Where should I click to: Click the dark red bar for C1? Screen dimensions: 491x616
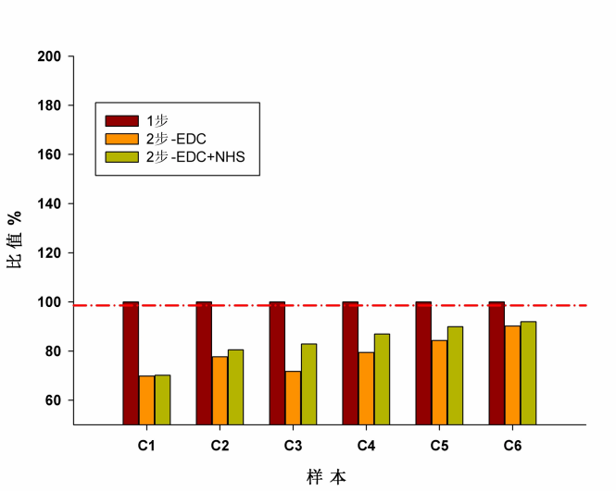click(131, 362)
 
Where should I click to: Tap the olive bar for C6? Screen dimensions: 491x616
click(528, 373)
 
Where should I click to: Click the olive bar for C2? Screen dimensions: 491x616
click(235, 387)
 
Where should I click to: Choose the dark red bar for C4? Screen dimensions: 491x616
click(350, 362)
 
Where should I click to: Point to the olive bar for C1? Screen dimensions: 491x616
click(162, 399)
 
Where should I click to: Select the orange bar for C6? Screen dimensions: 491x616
click(512, 374)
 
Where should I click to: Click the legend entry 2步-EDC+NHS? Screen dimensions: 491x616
click(199, 156)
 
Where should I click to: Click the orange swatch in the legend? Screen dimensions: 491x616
click(121, 139)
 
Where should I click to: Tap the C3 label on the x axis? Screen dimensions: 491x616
click(293, 446)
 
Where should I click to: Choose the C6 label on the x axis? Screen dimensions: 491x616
click(512, 446)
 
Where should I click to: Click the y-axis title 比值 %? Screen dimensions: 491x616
click(15, 240)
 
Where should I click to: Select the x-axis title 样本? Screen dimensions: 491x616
click(327, 477)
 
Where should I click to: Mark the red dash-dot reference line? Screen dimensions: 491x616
click(556, 305)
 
